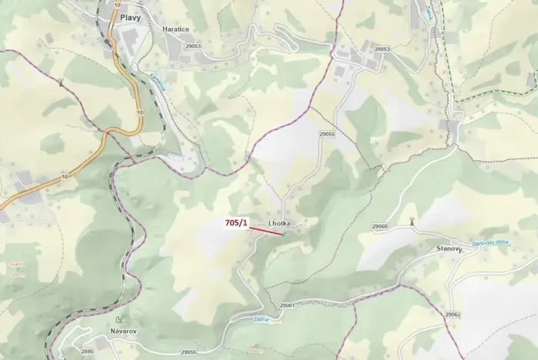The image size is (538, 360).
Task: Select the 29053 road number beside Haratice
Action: click(x=193, y=47)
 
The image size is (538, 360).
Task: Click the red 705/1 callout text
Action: click(x=236, y=222)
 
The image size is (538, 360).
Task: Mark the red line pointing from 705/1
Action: click(x=266, y=230)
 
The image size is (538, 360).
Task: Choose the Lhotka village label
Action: click(x=278, y=224)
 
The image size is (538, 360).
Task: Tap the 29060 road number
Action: click(x=379, y=226)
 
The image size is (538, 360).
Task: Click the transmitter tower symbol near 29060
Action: click(x=411, y=221)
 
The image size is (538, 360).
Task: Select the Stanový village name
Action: click(x=449, y=249)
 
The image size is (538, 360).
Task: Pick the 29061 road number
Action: click(x=288, y=305)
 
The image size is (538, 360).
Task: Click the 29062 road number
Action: click(x=452, y=315)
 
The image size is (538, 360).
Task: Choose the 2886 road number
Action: click(x=87, y=352)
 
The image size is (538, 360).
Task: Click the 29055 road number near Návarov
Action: click(x=189, y=352)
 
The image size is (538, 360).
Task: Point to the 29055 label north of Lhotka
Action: click(x=326, y=134)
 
